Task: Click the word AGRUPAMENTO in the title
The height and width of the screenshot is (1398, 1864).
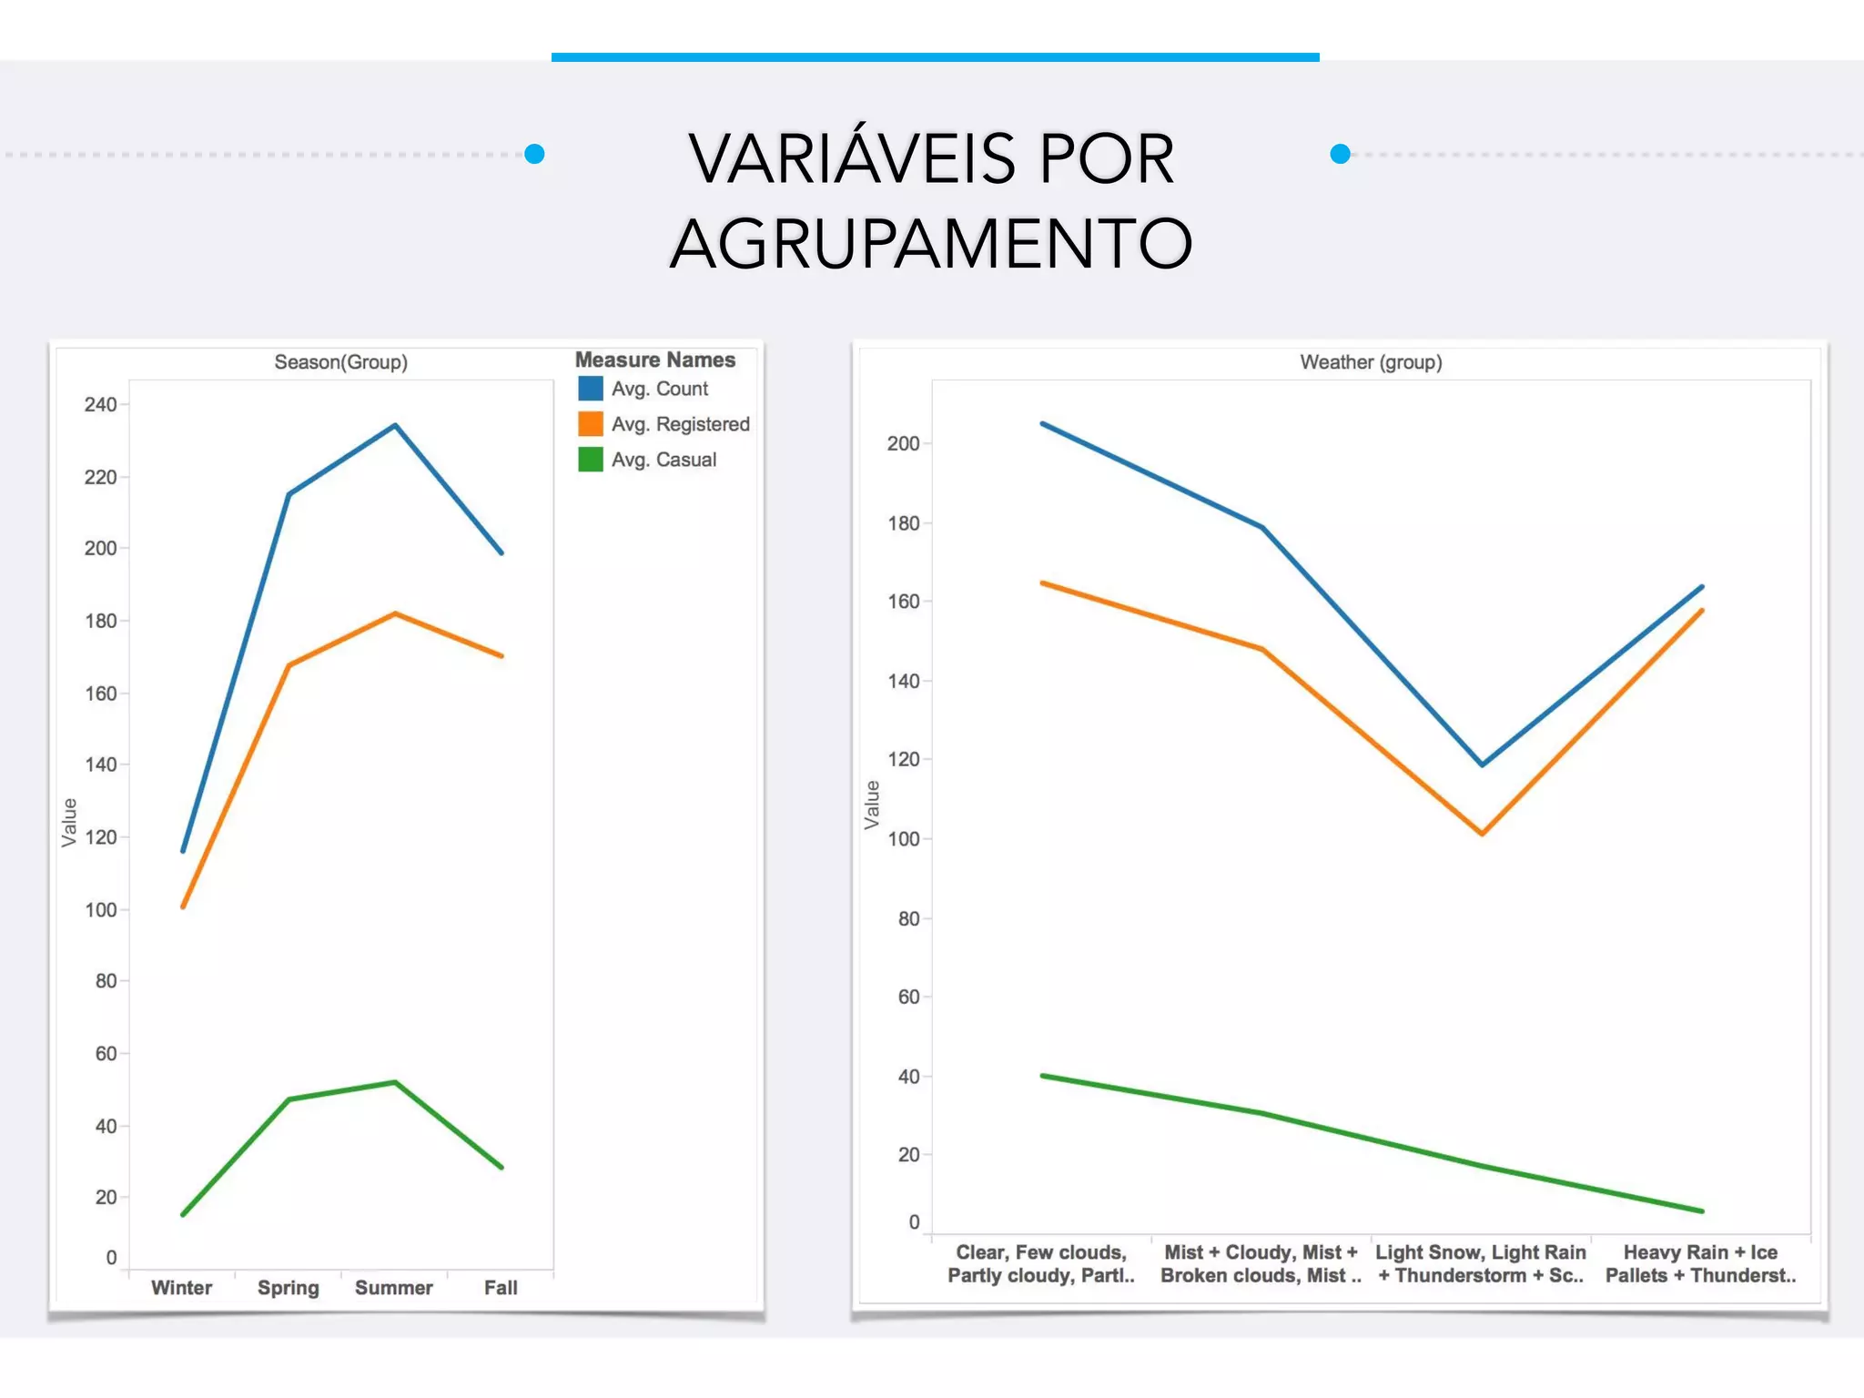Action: point(930,244)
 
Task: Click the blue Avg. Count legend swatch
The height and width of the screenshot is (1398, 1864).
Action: point(591,389)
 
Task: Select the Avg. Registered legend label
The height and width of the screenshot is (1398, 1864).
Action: point(680,424)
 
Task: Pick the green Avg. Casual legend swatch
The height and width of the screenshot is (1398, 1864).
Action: point(591,460)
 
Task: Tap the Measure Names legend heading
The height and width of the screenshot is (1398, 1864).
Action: point(654,360)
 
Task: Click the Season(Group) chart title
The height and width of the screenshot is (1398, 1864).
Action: point(340,362)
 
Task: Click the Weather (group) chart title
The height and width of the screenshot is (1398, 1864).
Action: point(1371,362)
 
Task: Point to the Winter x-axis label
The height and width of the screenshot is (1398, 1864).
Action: point(181,1288)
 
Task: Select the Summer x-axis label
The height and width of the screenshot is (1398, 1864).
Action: point(393,1288)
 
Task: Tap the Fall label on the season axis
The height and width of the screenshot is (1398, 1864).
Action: point(501,1288)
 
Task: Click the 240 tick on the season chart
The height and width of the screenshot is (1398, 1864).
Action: point(100,404)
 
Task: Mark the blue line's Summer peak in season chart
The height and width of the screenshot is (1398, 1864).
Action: point(395,426)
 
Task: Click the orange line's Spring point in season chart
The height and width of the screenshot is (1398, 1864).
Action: point(289,665)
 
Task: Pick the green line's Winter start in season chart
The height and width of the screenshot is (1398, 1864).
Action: point(183,1214)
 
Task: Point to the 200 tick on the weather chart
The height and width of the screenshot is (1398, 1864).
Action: point(903,443)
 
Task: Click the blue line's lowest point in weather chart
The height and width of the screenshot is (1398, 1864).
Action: point(1482,765)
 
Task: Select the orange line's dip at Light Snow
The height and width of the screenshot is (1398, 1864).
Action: point(1482,833)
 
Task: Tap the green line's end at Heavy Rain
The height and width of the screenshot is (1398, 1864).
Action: point(1701,1211)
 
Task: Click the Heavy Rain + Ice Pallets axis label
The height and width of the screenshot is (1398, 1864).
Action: point(1699,1263)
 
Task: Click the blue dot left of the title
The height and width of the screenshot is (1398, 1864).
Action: point(535,154)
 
